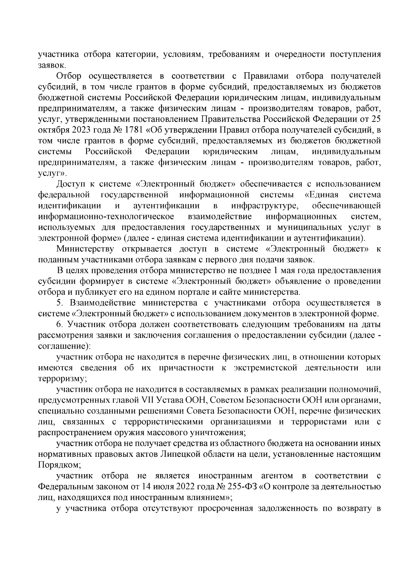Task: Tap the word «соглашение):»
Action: tap(64, 346)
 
